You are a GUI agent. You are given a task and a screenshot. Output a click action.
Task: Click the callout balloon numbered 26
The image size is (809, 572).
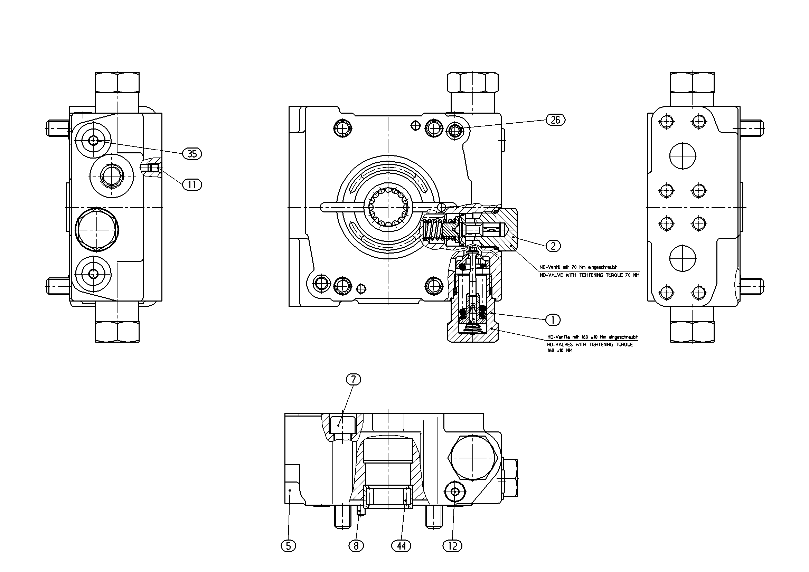(x=555, y=120)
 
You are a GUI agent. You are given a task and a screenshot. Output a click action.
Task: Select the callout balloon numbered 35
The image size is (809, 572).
(x=192, y=154)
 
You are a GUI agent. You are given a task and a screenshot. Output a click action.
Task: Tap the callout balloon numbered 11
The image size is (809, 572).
(x=192, y=184)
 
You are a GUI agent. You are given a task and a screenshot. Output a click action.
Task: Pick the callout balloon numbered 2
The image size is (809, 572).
(x=553, y=246)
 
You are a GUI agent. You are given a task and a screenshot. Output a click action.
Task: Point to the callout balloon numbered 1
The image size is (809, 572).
(x=553, y=320)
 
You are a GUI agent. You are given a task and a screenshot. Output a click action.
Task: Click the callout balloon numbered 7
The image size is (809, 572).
(x=354, y=379)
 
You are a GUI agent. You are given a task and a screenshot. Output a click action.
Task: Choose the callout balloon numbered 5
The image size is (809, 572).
(x=289, y=546)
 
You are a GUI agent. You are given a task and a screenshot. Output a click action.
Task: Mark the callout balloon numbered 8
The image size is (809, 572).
(x=356, y=546)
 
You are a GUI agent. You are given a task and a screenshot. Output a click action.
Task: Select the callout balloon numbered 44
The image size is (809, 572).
(x=401, y=546)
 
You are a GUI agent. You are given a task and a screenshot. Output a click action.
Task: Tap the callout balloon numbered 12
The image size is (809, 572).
(x=452, y=546)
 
